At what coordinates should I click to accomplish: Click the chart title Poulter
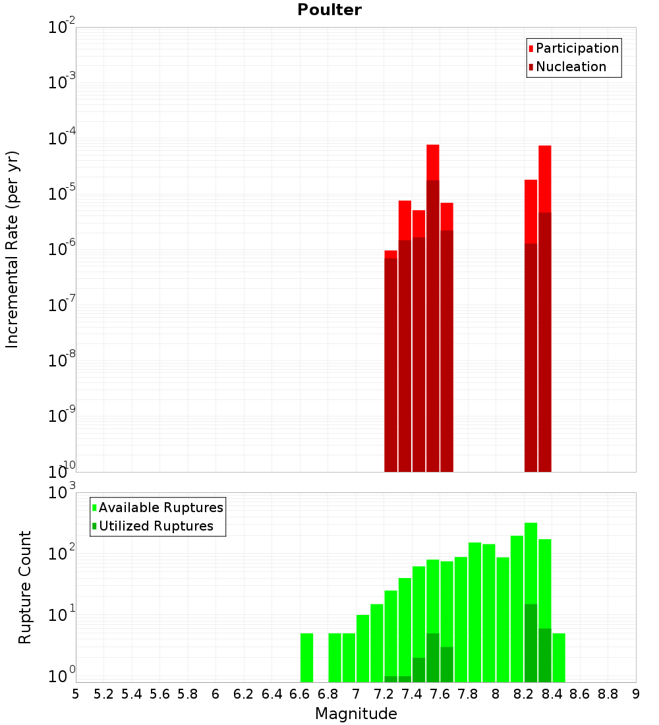(x=329, y=10)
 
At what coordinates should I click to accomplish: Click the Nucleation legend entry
(x=570, y=67)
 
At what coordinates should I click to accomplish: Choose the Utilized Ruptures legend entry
(x=156, y=526)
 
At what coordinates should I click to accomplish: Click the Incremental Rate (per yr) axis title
(x=12, y=249)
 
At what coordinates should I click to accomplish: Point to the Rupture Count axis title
(x=25, y=587)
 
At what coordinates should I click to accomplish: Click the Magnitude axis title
(x=356, y=714)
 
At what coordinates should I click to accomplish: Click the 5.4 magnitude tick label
(x=132, y=694)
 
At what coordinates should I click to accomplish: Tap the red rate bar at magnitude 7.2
(x=391, y=362)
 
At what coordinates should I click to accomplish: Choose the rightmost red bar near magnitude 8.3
(x=545, y=297)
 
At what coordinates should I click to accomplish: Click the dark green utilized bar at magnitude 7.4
(x=418, y=669)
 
